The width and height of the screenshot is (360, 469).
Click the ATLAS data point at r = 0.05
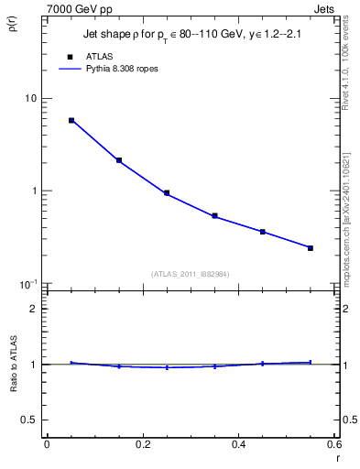(x=71, y=120)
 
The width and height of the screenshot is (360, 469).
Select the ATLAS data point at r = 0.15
(x=119, y=160)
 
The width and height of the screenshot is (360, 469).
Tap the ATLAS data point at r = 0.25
(x=167, y=193)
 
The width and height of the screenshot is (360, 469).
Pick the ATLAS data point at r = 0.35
(x=214, y=216)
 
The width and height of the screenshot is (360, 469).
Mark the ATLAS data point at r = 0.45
(x=263, y=232)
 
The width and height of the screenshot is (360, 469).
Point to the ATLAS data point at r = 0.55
(x=311, y=248)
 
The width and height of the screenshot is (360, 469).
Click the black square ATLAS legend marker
(x=70, y=57)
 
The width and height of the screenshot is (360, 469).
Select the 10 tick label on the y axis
(x=29, y=98)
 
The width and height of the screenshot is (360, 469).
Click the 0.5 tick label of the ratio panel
(x=29, y=420)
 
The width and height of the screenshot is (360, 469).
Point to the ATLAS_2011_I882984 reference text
(x=190, y=273)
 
